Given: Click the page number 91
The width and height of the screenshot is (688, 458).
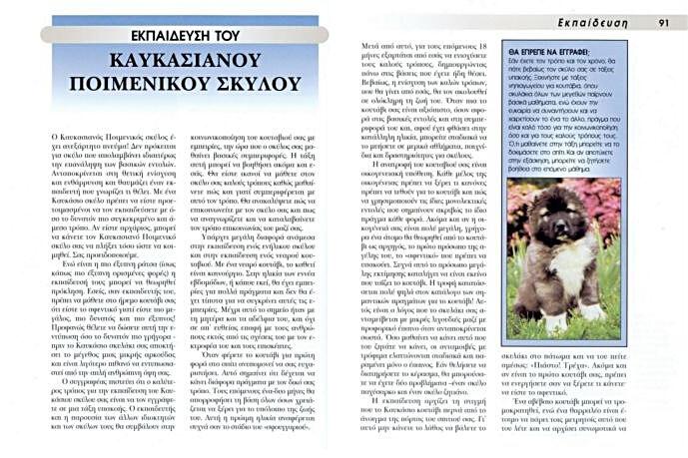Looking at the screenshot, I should tap(663, 21).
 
